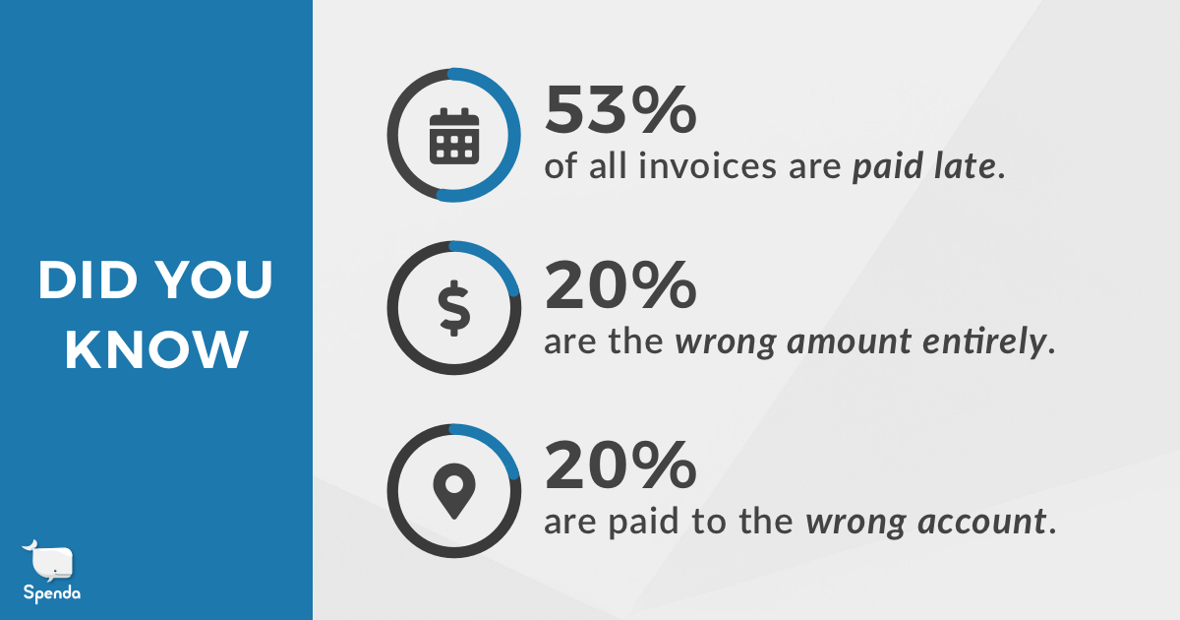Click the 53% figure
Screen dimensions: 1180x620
coord(620,109)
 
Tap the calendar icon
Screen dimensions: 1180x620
coord(454,136)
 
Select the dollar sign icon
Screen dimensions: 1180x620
coord(454,308)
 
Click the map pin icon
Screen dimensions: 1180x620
coord(454,491)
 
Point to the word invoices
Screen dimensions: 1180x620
coord(707,165)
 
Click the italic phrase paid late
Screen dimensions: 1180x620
coord(924,166)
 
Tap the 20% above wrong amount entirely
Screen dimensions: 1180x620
coord(620,285)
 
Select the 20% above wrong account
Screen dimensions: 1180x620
coord(620,465)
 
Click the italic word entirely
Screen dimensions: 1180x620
coord(984,342)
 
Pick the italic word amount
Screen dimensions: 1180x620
coord(849,342)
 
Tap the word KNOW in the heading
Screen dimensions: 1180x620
coord(156,349)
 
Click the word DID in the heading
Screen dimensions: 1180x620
coord(88,279)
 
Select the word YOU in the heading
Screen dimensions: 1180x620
coord(215,279)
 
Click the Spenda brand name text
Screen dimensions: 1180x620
coord(51,593)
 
